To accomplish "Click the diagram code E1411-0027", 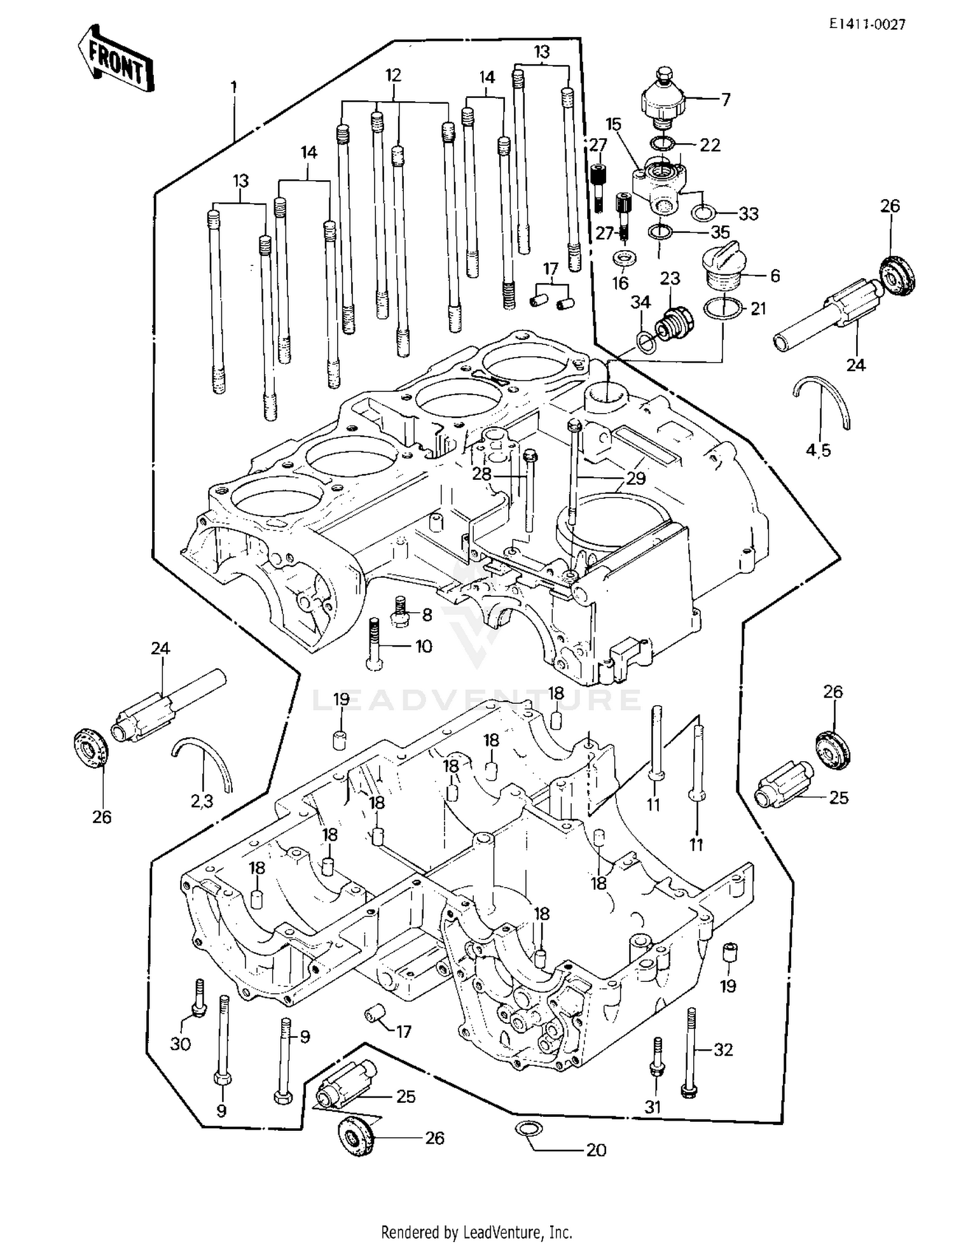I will coord(867,24).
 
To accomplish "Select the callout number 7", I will coord(725,99).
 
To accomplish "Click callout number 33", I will coord(748,214).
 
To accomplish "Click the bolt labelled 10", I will coord(374,644).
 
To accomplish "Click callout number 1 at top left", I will coord(233,86).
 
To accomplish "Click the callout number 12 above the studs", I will coord(393,75).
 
